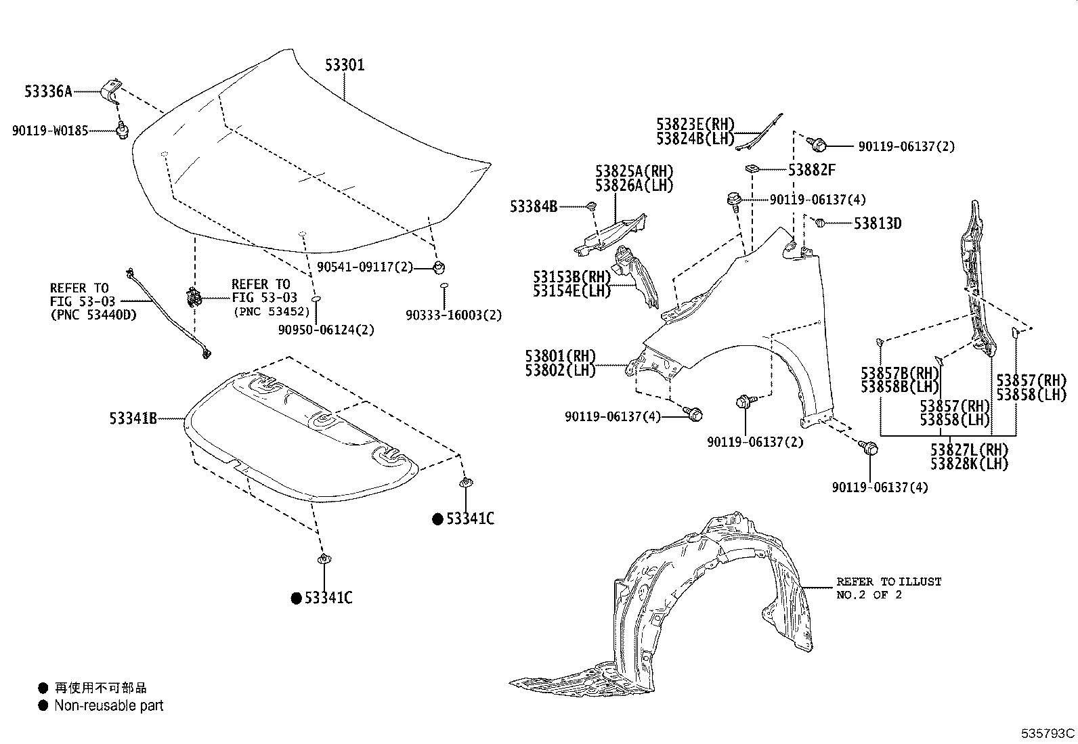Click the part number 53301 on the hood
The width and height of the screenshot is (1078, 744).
(344, 65)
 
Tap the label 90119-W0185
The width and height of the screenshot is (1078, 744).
(50, 131)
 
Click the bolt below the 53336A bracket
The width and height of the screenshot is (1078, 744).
(122, 130)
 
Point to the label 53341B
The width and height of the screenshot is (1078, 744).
(133, 419)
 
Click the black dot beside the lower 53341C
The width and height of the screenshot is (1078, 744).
(296, 598)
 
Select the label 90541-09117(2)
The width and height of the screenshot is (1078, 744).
(364, 267)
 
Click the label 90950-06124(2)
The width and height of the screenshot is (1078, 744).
(326, 330)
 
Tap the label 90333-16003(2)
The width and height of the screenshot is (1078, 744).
(454, 315)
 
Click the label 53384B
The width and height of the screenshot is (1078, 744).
(534, 206)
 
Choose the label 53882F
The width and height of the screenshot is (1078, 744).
(811, 170)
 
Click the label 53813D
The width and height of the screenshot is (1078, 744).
(877, 223)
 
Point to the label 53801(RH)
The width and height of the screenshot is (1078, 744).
(560, 356)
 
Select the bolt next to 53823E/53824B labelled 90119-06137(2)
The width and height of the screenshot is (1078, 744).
(819, 144)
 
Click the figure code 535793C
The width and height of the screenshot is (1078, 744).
(1048, 733)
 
